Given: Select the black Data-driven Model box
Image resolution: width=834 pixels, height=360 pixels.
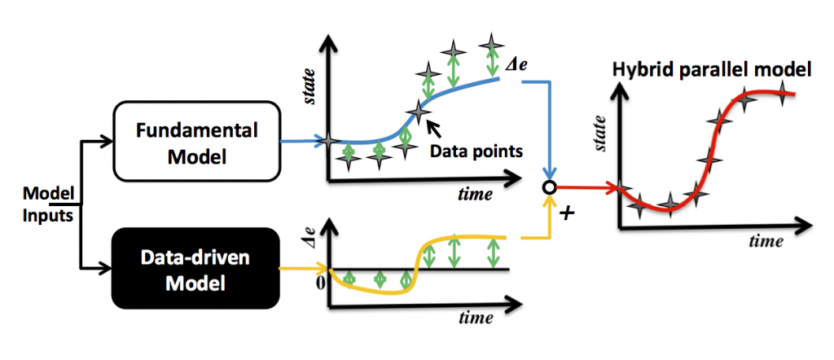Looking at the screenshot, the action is point(195,268).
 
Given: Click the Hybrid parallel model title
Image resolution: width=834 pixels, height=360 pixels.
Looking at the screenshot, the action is point(712,69).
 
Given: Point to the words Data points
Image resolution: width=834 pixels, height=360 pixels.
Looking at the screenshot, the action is point(476,151).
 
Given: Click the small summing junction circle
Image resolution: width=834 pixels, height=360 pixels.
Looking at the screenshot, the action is point(549,187).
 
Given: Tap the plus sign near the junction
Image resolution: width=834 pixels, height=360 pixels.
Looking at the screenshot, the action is point(568,213).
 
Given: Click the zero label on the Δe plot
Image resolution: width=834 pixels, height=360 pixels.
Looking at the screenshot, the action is point(320,283).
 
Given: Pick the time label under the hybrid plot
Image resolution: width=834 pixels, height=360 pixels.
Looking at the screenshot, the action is point(766,241).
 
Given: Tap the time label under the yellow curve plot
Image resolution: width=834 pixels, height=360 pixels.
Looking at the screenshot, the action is point(475,318).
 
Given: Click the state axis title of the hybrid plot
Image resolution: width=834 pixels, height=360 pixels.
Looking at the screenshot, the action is point(601,133).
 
